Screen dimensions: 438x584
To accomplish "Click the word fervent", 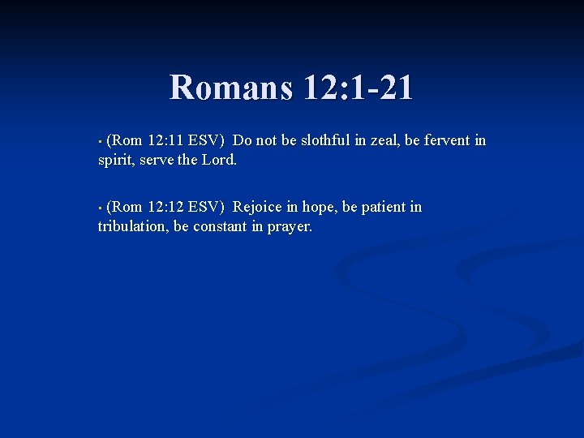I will [448, 140].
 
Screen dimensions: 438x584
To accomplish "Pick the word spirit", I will [116, 160].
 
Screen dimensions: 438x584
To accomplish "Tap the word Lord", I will [218, 160].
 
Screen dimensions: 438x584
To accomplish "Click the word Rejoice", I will [255, 207].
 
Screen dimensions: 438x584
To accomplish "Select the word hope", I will [319, 207].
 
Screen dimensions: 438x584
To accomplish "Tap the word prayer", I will [290, 226].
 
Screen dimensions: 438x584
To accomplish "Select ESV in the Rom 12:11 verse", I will [208, 140].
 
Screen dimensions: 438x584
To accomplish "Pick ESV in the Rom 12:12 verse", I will [208, 207].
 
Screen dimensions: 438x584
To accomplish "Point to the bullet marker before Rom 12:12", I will [100, 208].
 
